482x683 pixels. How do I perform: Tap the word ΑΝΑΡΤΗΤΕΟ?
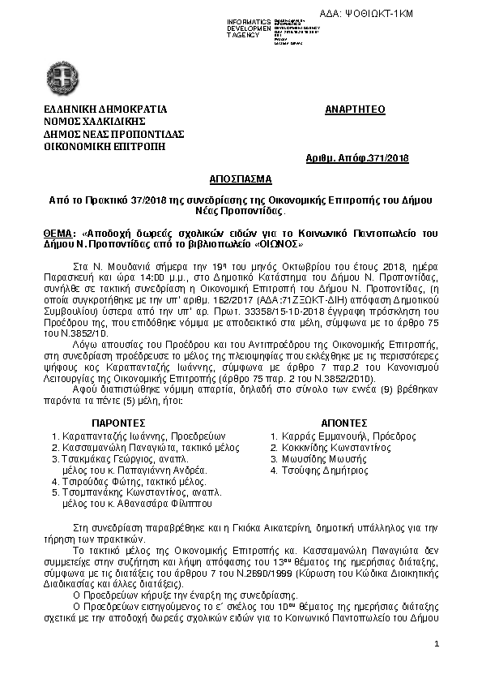[355, 109]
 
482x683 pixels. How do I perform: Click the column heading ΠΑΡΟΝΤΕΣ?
[117, 423]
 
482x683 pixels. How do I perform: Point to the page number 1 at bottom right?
[436, 644]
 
